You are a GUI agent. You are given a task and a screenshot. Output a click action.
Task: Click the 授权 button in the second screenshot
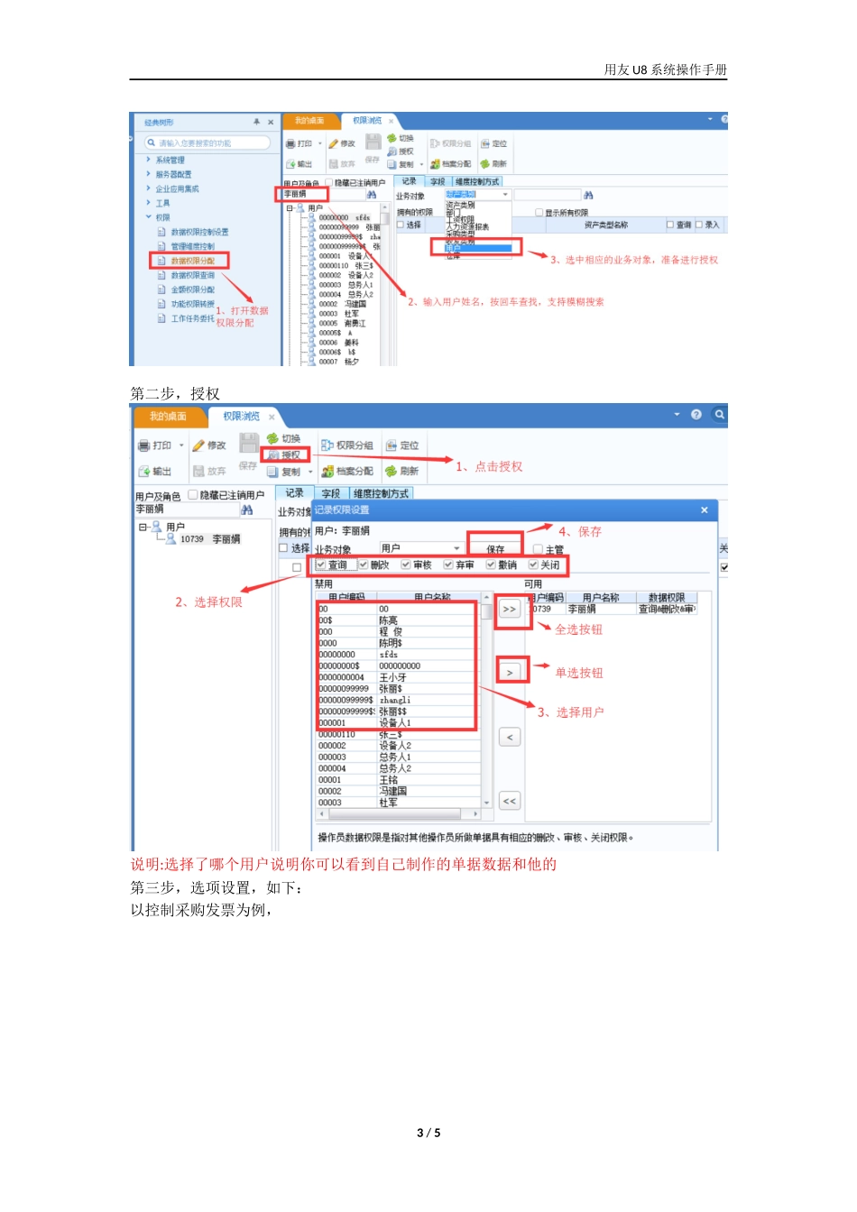click(286, 455)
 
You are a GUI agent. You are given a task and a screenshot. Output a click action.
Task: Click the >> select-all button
click(510, 610)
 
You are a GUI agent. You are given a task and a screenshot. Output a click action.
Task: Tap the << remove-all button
click(510, 801)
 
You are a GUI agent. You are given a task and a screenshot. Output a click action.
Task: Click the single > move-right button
click(510, 673)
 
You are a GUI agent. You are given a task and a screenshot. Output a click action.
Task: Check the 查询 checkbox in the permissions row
click(321, 565)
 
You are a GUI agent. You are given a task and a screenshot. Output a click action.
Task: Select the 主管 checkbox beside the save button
click(539, 549)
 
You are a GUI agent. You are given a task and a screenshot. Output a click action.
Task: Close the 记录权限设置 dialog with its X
click(705, 510)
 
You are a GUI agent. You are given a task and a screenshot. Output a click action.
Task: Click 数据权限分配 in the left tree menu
click(192, 261)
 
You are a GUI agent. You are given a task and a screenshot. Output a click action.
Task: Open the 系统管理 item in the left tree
click(170, 161)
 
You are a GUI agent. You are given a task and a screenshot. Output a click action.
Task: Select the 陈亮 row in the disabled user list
click(388, 620)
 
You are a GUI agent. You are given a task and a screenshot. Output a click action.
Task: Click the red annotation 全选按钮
click(578, 629)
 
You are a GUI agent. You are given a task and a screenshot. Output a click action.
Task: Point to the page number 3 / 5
click(428, 1133)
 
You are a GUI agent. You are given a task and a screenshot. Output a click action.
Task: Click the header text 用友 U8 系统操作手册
click(665, 69)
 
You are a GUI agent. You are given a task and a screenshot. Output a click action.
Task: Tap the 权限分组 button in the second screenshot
click(347, 445)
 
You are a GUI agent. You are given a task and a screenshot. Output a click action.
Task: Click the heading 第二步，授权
click(175, 394)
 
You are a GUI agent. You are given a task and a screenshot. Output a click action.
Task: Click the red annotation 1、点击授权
click(489, 466)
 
